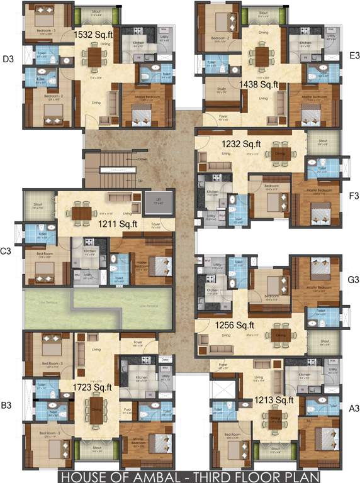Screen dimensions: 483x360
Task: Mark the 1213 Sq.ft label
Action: coord(274,399)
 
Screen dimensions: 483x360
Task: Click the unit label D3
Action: coord(8,60)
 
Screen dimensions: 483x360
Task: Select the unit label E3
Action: coord(353,56)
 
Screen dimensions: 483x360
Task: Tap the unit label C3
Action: coord(6,251)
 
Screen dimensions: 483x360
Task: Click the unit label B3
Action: coord(6,406)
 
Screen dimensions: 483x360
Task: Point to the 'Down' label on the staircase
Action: coord(142,159)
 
